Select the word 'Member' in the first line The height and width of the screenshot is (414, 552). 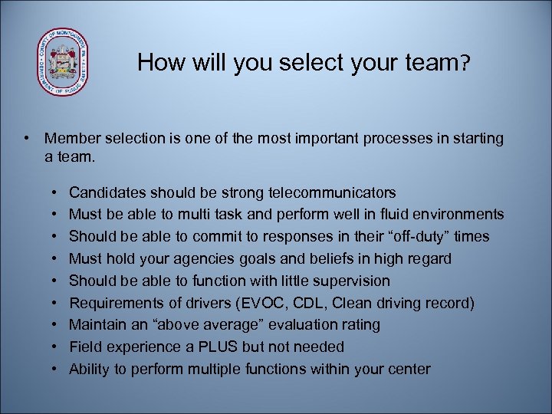click(74, 139)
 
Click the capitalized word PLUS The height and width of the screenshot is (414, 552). click(222, 347)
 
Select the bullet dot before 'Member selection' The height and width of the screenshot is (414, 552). click(27, 139)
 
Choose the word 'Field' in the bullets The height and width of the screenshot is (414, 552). click(84, 347)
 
